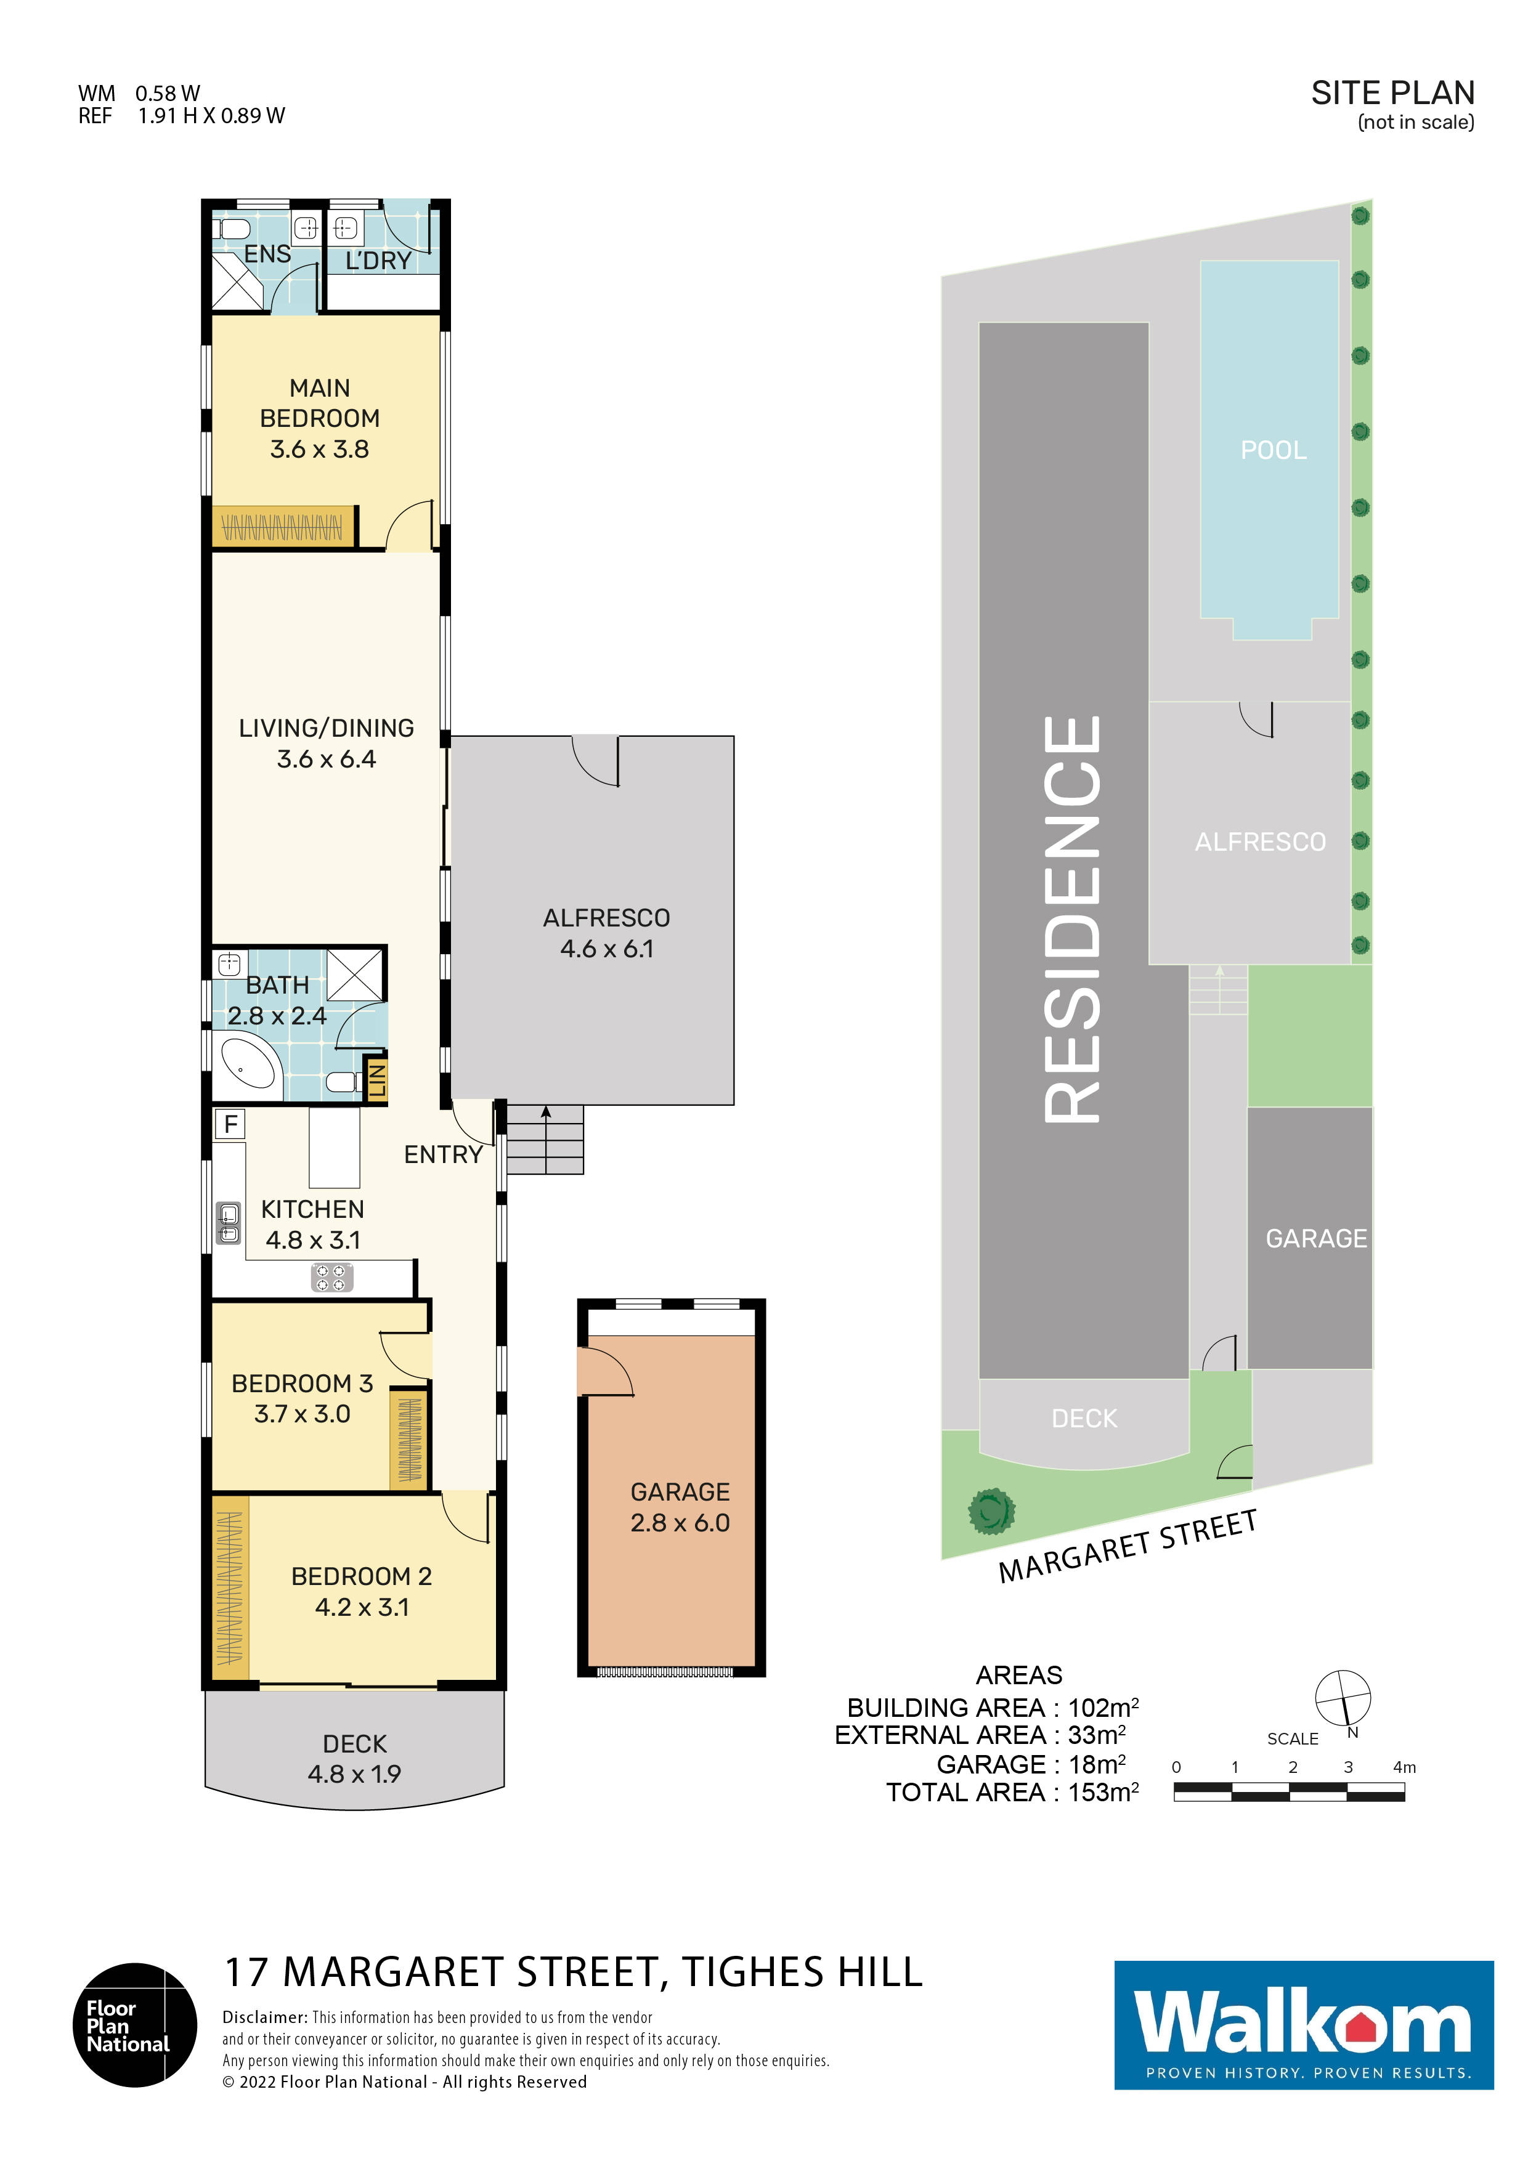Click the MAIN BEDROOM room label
pos(320,403)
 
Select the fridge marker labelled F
pos(230,1124)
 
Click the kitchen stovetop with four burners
pos(331,1277)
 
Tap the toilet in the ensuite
pos(232,229)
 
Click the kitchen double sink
pos(229,1223)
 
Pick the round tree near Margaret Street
pos(991,1512)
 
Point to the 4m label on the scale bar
pos(1404,1767)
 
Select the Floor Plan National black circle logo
pos(135,2024)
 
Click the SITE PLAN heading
pos(1392,93)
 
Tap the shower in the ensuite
pos(237,282)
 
